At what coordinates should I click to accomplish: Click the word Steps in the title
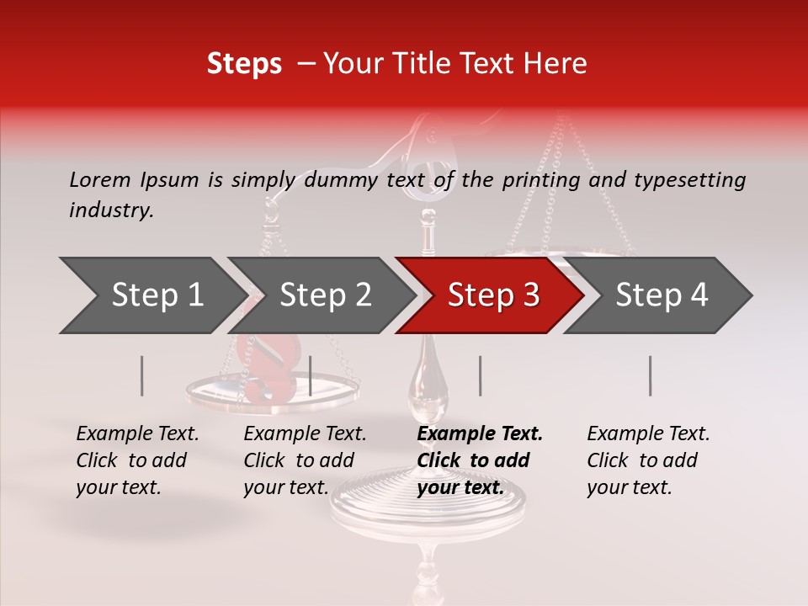pyautogui.click(x=244, y=64)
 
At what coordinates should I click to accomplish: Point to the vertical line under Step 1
pyautogui.click(x=142, y=375)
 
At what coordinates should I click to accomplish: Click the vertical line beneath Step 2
pyautogui.click(x=311, y=375)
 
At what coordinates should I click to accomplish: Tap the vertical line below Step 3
pyautogui.click(x=481, y=375)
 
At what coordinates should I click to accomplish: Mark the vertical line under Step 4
pyautogui.click(x=651, y=375)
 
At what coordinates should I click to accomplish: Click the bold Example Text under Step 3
pyautogui.click(x=480, y=433)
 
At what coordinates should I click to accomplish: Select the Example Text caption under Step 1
pyautogui.click(x=137, y=433)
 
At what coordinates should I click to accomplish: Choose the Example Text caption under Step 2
pyautogui.click(x=305, y=433)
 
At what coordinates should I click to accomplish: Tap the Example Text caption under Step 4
pyautogui.click(x=648, y=433)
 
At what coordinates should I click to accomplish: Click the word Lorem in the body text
pyautogui.click(x=99, y=179)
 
